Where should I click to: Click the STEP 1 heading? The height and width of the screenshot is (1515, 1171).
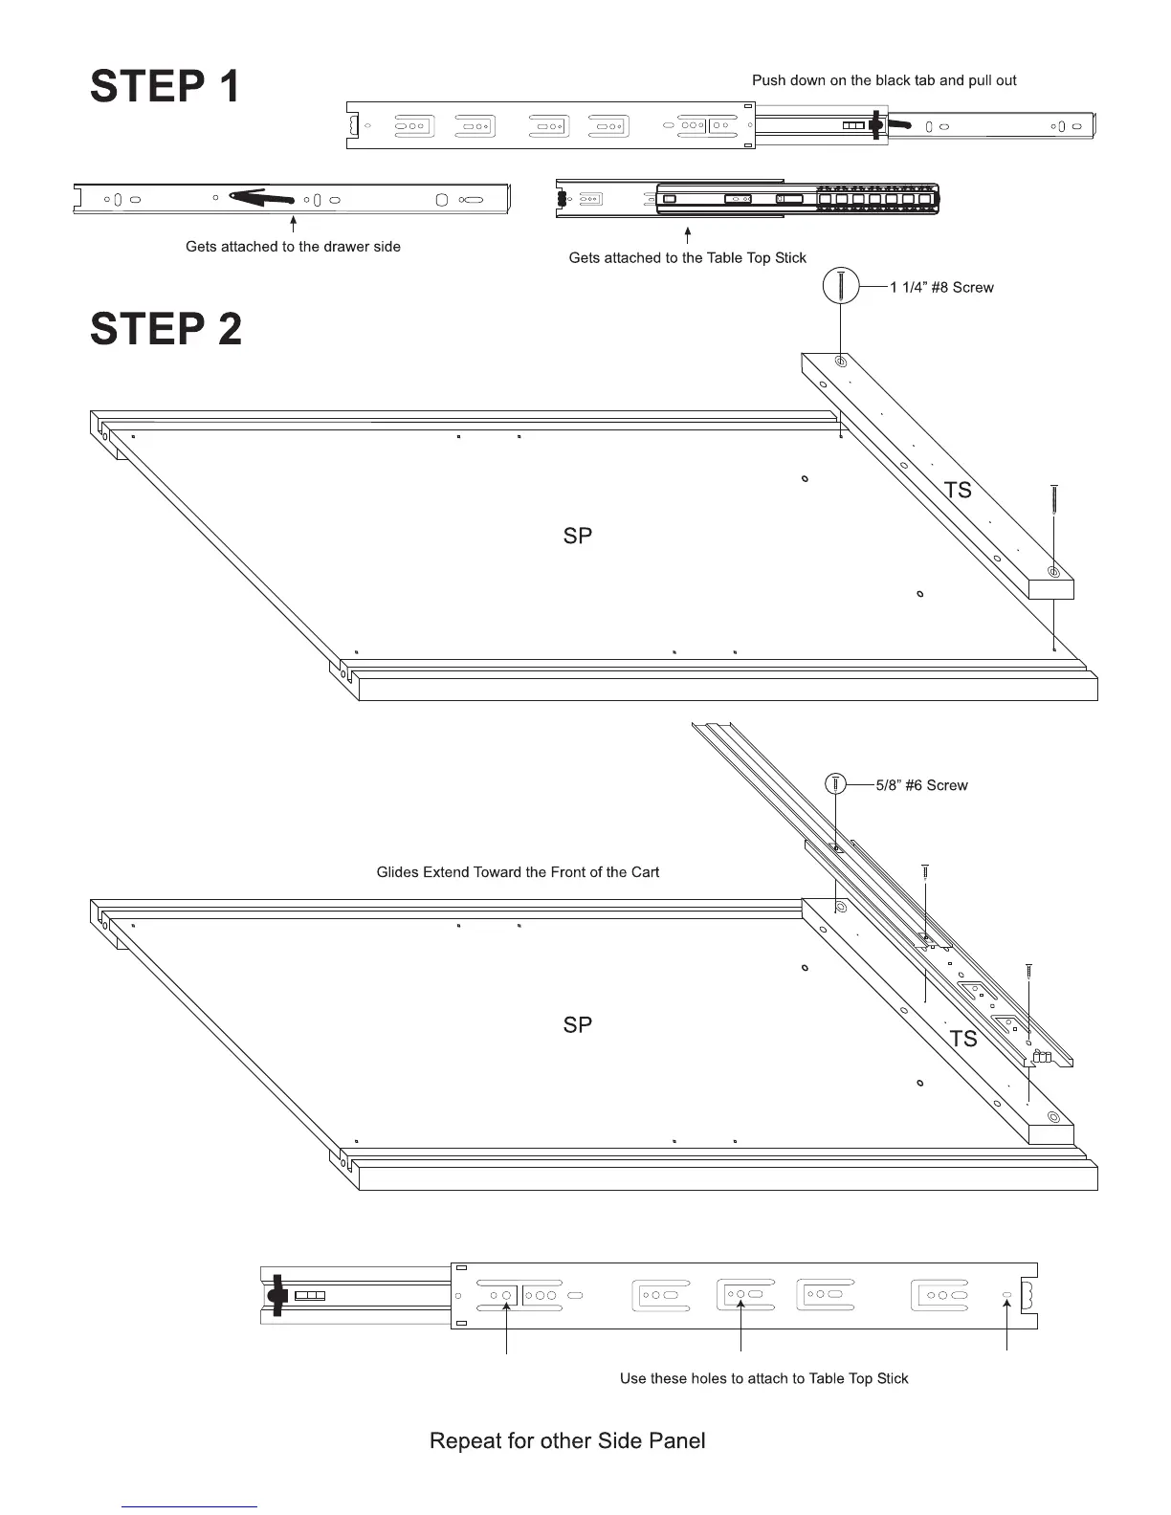click(x=165, y=86)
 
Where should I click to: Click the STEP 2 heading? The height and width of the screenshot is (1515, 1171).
click(x=166, y=329)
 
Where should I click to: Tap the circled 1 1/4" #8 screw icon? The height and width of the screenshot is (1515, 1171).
click(x=841, y=286)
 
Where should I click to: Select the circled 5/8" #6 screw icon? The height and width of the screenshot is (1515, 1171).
click(x=835, y=783)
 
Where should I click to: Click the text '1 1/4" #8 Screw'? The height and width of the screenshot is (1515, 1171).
click(x=941, y=287)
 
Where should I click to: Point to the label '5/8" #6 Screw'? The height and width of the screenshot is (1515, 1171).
click(x=921, y=785)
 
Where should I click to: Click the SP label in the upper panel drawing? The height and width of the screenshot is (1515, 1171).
click(x=578, y=536)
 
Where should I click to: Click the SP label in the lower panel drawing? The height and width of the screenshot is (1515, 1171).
click(x=578, y=1024)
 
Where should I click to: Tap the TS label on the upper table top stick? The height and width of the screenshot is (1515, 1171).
click(x=957, y=490)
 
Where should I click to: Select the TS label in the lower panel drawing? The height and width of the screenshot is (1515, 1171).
click(x=962, y=1039)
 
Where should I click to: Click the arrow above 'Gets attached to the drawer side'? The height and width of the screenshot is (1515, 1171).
click(x=293, y=225)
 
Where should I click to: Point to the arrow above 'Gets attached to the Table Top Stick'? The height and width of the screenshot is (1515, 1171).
click(x=687, y=235)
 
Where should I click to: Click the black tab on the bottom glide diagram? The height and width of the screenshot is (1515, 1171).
click(x=277, y=1295)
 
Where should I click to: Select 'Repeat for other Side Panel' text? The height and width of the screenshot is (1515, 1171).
click(x=567, y=1440)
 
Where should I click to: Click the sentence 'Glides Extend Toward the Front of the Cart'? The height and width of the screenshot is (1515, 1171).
click(x=518, y=872)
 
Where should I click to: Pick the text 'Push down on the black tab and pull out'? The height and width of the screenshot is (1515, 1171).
click(x=884, y=80)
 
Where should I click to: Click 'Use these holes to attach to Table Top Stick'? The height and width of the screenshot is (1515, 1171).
click(x=763, y=1378)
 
